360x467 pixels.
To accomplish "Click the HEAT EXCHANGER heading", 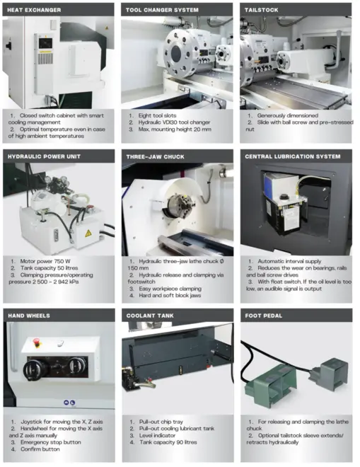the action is [34, 10].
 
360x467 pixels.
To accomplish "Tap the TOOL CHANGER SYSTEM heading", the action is [162, 10].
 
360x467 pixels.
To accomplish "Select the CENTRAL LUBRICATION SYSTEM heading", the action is [292, 156].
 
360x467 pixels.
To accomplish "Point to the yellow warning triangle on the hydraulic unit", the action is [88, 233].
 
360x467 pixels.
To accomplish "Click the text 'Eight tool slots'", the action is [157, 115].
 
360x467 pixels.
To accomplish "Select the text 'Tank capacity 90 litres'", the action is [168, 442].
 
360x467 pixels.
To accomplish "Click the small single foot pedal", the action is [329, 374].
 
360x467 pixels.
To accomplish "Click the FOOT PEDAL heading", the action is [264, 316].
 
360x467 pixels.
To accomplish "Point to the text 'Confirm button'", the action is [40, 449].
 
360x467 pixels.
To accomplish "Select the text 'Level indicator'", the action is [157, 435].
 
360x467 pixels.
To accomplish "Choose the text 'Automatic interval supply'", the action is [289, 261].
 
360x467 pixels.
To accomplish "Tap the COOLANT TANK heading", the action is [150, 316].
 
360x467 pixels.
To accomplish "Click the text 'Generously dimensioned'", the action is [288, 115].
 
